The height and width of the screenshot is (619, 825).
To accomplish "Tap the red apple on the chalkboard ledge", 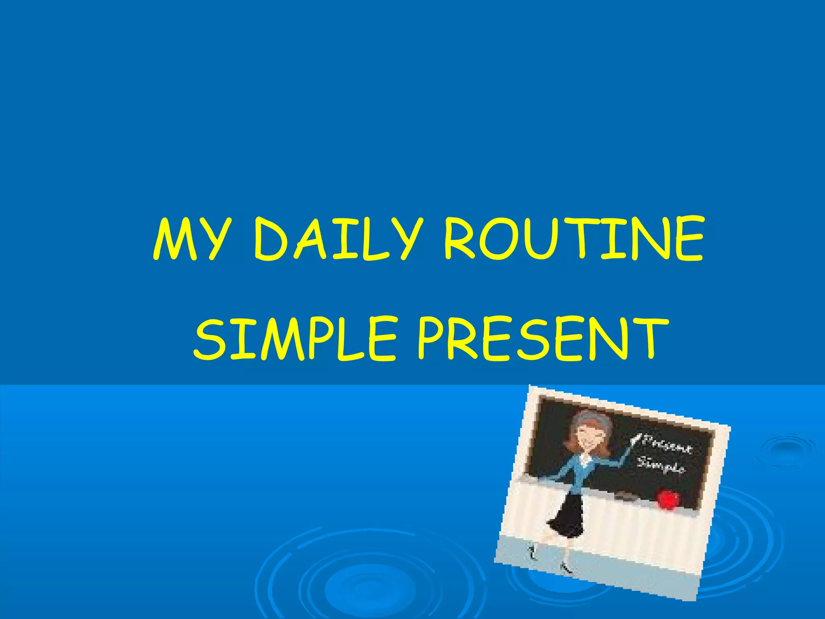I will tap(668, 499).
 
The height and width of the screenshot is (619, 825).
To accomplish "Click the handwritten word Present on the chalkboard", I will tap(667, 446).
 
